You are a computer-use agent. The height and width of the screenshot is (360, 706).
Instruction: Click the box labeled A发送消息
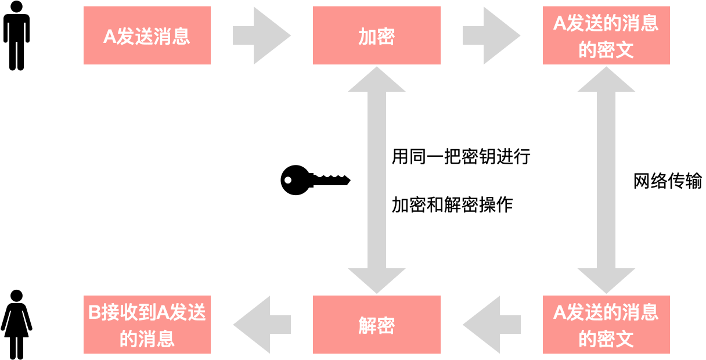(147, 35)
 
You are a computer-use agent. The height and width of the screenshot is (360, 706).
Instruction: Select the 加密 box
(376, 35)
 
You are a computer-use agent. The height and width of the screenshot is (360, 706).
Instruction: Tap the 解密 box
(376, 325)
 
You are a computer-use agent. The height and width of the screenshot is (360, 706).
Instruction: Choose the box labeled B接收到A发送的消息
(147, 325)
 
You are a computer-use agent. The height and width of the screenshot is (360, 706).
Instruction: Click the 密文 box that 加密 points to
(606, 35)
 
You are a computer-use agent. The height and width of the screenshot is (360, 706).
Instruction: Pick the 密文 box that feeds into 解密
(606, 325)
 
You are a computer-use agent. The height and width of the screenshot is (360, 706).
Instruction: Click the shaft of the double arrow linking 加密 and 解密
(376, 180)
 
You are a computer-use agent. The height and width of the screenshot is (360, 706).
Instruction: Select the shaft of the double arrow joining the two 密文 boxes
(606, 180)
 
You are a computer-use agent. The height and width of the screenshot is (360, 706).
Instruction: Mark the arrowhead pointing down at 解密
(376, 280)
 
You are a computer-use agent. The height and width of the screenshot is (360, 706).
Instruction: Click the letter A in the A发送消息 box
(110, 37)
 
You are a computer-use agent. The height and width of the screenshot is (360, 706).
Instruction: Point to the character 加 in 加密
(367, 37)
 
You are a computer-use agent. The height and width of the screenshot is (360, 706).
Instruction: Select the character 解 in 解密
(367, 326)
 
